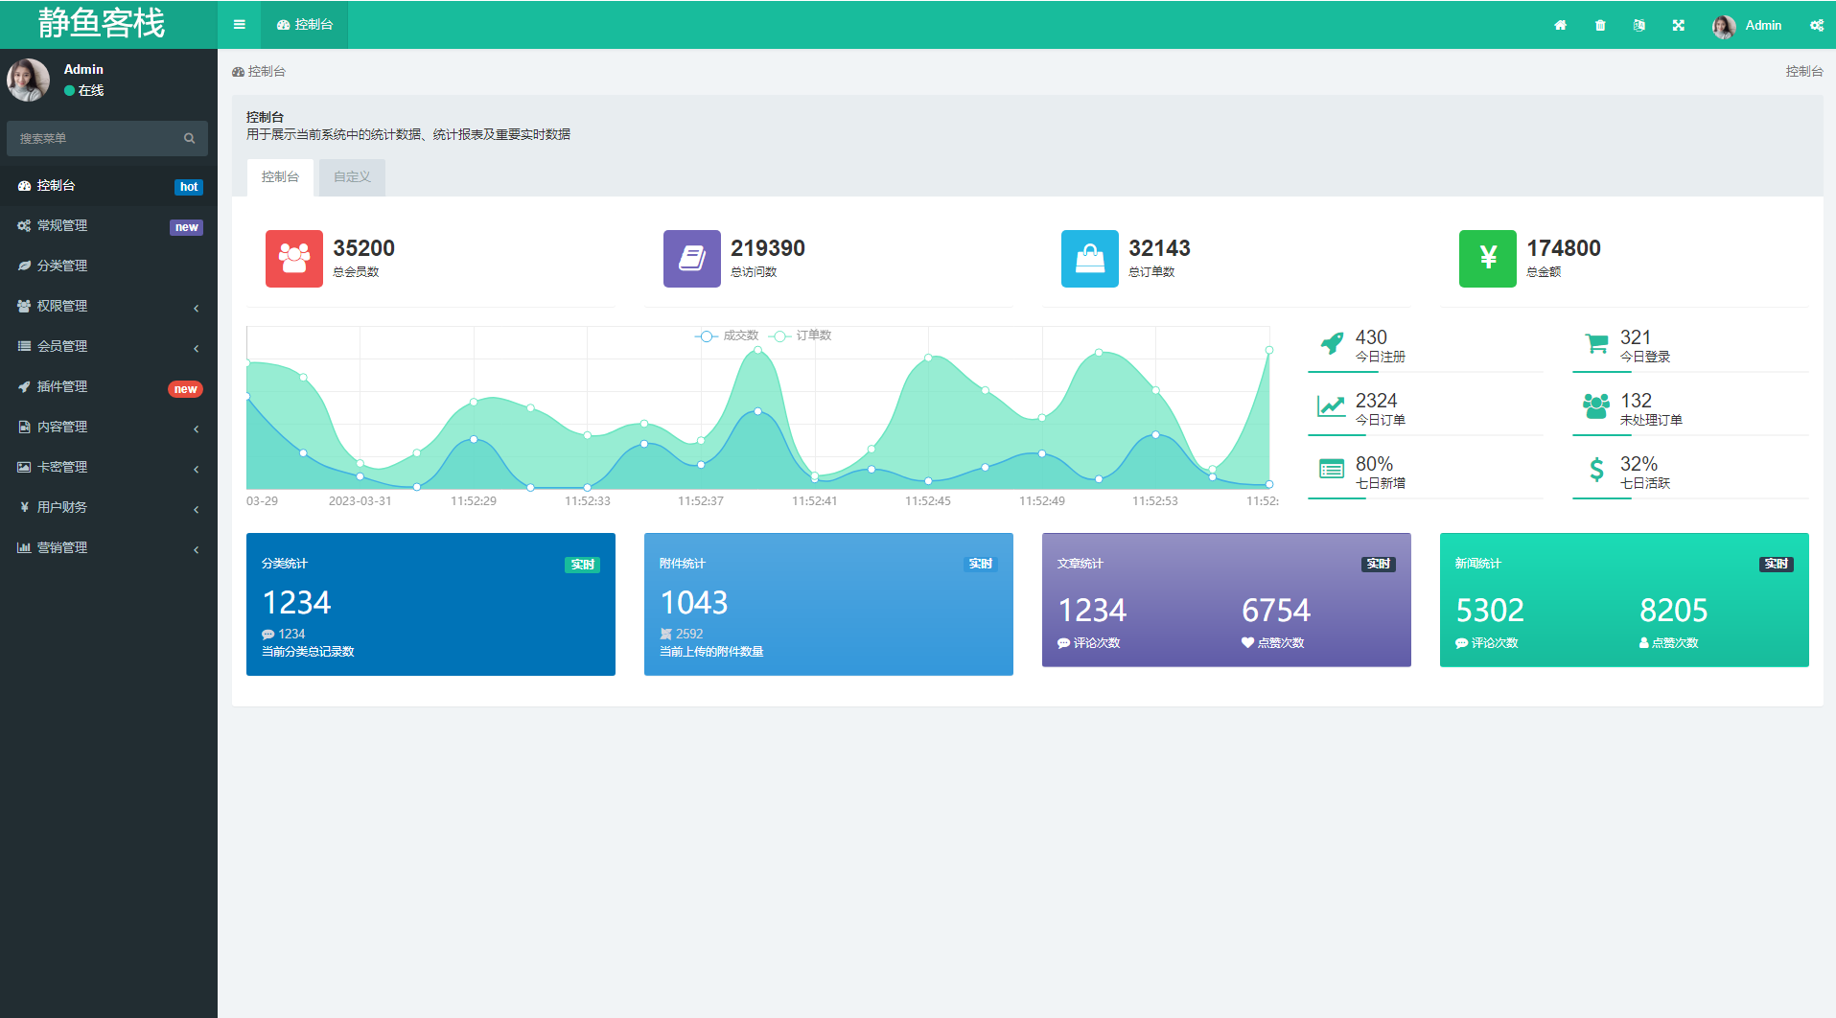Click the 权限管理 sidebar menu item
(62, 306)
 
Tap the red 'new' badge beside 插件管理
(185, 389)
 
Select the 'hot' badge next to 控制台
(189, 187)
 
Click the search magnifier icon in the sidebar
(190, 139)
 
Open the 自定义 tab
(352, 177)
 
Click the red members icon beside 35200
(294, 259)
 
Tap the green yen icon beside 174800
(1487, 259)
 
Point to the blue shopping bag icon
(1089, 259)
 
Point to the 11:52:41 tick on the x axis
(814, 500)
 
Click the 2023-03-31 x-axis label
(360, 500)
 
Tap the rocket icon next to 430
(1332, 342)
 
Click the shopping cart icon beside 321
(1596, 342)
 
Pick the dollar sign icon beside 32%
(1596, 470)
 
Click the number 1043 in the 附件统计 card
(694, 603)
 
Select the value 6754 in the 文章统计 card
(1275, 611)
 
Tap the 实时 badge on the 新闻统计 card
(1776, 565)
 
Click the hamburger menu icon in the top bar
(240, 25)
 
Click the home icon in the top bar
(1561, 26)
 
